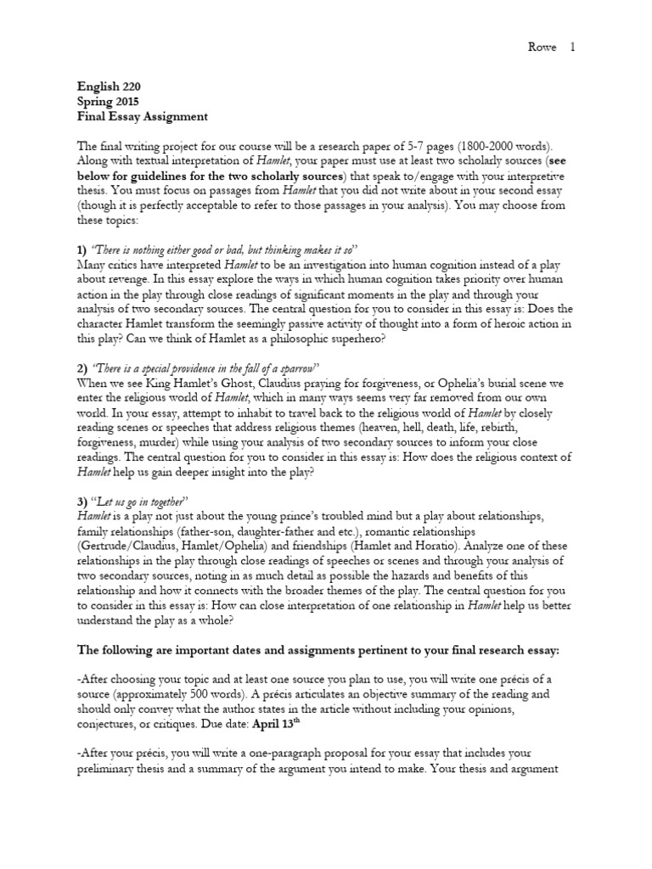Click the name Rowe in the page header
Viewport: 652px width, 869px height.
pos(542,48)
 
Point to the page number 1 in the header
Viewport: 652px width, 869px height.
pos(572,48)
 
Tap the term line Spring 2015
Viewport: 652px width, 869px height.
pos(104,101)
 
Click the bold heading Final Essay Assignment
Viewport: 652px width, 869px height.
pos(142,116)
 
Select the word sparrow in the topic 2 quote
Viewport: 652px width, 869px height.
pos(295,367)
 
